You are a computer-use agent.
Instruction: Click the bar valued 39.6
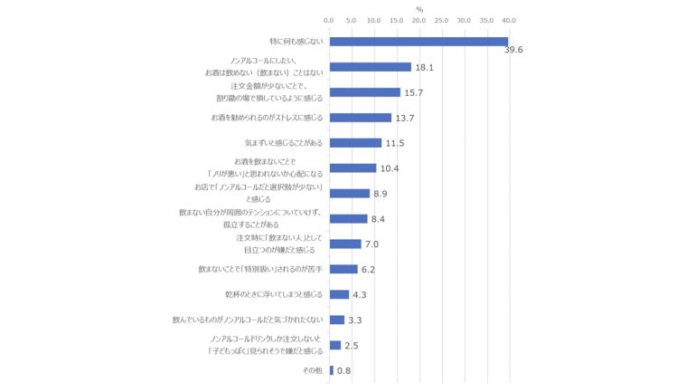(x=419, y=42)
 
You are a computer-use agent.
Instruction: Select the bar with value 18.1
(x=370, y=67)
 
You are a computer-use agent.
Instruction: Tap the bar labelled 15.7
(x=364, y=92)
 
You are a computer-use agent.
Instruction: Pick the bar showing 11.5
(x=355, y=143)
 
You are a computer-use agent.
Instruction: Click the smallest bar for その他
(x=331, y=370)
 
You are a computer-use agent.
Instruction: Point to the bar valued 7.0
(x=345, y=244)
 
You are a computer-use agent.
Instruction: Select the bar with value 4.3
(x=339, y=294)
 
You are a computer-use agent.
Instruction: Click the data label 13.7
(x=405, y=119)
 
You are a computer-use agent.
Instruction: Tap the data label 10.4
(x=390, y=169)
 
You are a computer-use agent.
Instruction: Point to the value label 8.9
(x=381, y=194)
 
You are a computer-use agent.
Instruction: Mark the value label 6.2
(x=369, y=270)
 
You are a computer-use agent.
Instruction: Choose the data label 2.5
(x=352, y=346)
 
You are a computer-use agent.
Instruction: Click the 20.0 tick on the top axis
(x=419, y=20)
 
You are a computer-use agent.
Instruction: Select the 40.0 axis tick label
(x=509, y=20)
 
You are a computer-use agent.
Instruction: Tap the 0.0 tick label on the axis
(x=329, y=20)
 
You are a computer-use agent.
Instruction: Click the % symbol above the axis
(x=419, y=8)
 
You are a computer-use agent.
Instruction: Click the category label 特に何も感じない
(x=296, y=42)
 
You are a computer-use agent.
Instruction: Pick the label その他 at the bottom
(x=312, y=370)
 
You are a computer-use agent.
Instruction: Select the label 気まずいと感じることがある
(x=283, y=143)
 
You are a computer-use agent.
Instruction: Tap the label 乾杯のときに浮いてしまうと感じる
(x=273, y=294)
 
